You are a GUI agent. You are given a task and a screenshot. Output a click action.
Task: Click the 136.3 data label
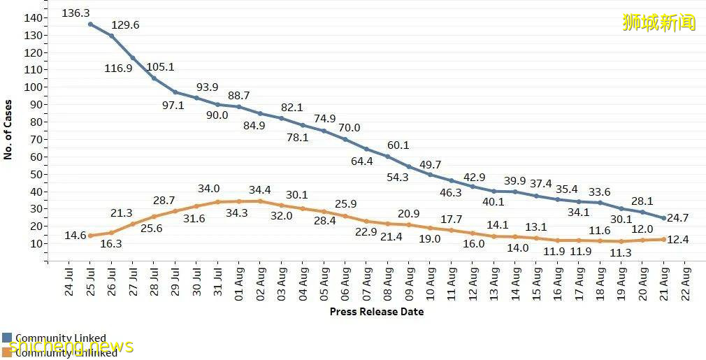click(x=75, y=13)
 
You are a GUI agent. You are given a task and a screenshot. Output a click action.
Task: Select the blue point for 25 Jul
click(x=90, y=24)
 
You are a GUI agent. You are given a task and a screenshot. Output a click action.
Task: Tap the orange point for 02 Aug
click(x=260, y=201)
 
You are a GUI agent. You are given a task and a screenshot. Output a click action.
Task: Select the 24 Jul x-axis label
click(x=69, y=280)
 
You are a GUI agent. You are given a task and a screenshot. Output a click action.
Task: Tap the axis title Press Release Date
click(x=376, y=311)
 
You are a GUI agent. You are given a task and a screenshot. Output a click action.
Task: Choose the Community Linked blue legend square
click(x=6, y=338)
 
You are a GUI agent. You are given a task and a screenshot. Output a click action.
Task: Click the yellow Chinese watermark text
click(x=659, y=22)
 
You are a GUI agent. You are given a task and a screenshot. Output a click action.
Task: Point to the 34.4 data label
click(x=261, y=189)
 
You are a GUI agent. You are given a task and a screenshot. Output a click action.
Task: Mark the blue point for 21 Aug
click(x=663, y=218)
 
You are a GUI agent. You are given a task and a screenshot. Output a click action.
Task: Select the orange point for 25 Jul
click(x=90, y=236)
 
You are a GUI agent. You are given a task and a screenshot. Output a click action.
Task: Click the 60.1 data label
click(x=398, y=145)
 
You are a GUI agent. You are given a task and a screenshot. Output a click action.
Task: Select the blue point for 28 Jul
click(x=154, y=78)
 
